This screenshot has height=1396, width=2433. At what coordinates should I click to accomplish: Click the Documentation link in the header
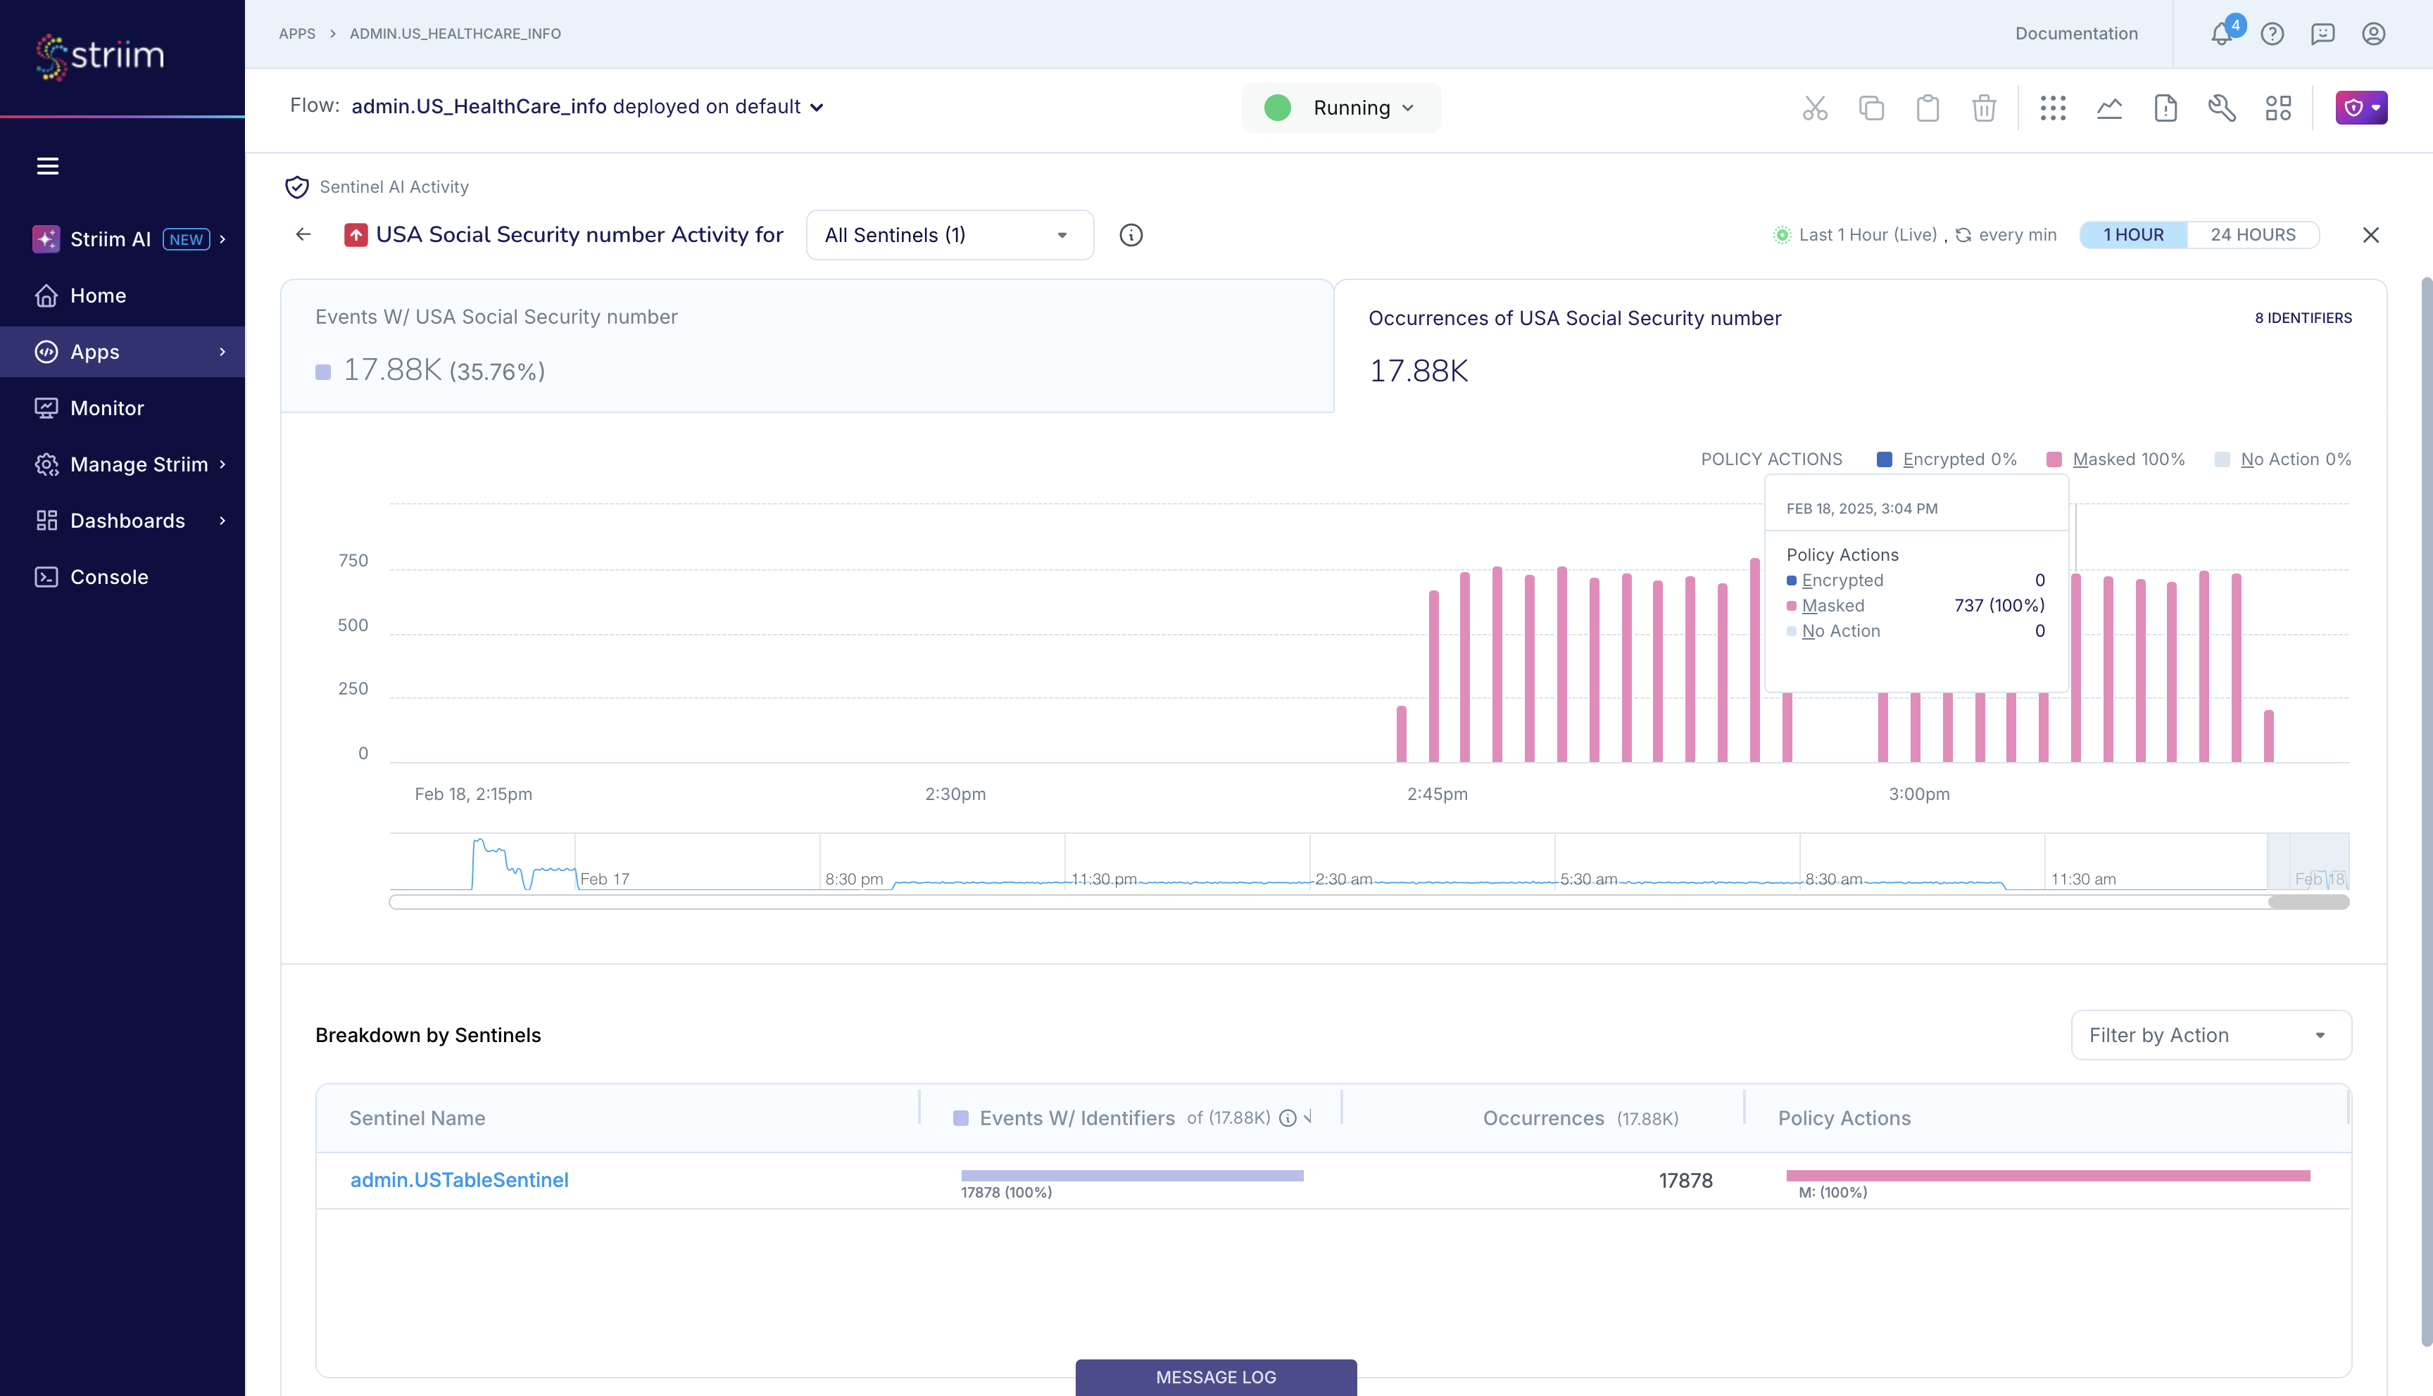point(2076,34)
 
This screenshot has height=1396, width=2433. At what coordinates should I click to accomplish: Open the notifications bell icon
point(2221,34)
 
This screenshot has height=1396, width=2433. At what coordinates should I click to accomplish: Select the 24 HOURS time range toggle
point(2253,235)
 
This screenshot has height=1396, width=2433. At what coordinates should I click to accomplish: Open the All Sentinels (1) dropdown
point(948,235)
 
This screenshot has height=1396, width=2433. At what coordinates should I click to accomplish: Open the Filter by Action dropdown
point(2210,1036)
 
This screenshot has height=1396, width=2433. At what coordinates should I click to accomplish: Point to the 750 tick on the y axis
point(353,561)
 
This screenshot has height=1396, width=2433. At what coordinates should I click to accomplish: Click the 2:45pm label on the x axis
point(1437,794)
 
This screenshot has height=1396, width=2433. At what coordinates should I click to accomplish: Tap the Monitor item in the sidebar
point(106,408)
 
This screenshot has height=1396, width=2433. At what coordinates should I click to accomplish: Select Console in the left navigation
point(108,577)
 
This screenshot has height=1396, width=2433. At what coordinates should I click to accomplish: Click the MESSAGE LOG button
point(1215,1377)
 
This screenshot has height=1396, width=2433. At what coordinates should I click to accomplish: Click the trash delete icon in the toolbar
point(1983,108)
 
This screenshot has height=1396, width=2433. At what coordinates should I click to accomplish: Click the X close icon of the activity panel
point(2370,235)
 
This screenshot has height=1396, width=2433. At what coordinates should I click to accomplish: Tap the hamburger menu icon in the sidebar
point(47,166)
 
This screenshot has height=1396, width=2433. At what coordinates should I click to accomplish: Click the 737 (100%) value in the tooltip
point(1999,606)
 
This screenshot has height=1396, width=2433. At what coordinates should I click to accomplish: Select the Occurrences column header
point(1543,1118)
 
